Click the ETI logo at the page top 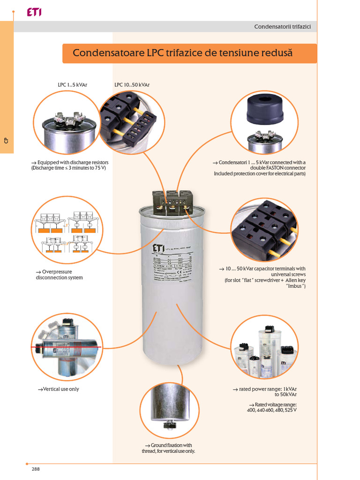pos(34,13)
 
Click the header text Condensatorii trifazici pos(285,27)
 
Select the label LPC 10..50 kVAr pos(132,85)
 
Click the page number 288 pos(36,469)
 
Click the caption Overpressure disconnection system pos(60,275)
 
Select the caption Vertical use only pos(59,389)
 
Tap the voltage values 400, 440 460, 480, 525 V pos(271,410)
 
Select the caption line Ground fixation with pos(168,445)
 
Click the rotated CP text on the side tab pos(6,140)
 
